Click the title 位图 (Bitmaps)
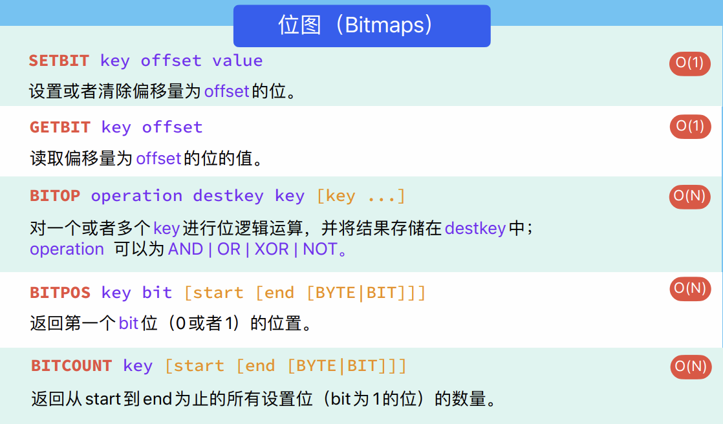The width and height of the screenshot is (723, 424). [355, 25]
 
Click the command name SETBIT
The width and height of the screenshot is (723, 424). [59, 61]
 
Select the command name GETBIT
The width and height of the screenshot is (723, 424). [60, 127]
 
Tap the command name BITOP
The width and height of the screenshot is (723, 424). [55, 196]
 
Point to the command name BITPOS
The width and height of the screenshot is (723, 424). [60, 293]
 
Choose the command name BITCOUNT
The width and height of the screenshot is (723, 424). [72, 366]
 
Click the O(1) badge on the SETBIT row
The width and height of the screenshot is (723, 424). [690, 63]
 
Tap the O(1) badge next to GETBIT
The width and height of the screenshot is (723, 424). [690, 126]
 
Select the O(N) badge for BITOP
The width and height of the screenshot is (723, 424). [690, 196]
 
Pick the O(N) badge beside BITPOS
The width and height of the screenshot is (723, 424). [690, 289]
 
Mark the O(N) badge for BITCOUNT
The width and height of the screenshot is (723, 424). [691, 367]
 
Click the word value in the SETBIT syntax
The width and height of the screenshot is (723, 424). [237, 61]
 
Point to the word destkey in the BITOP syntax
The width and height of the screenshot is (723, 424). [228, 196]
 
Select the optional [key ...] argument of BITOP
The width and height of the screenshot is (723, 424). [361, 196]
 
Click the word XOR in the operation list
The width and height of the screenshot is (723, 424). [272, 249]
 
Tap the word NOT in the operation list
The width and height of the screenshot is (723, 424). [320, 249]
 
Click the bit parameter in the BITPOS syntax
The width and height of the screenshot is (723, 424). [157, 293]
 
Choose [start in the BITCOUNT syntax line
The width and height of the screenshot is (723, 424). [195, 366]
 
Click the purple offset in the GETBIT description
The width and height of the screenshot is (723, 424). [158, 158]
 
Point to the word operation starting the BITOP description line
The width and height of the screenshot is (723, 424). [67, 249]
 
